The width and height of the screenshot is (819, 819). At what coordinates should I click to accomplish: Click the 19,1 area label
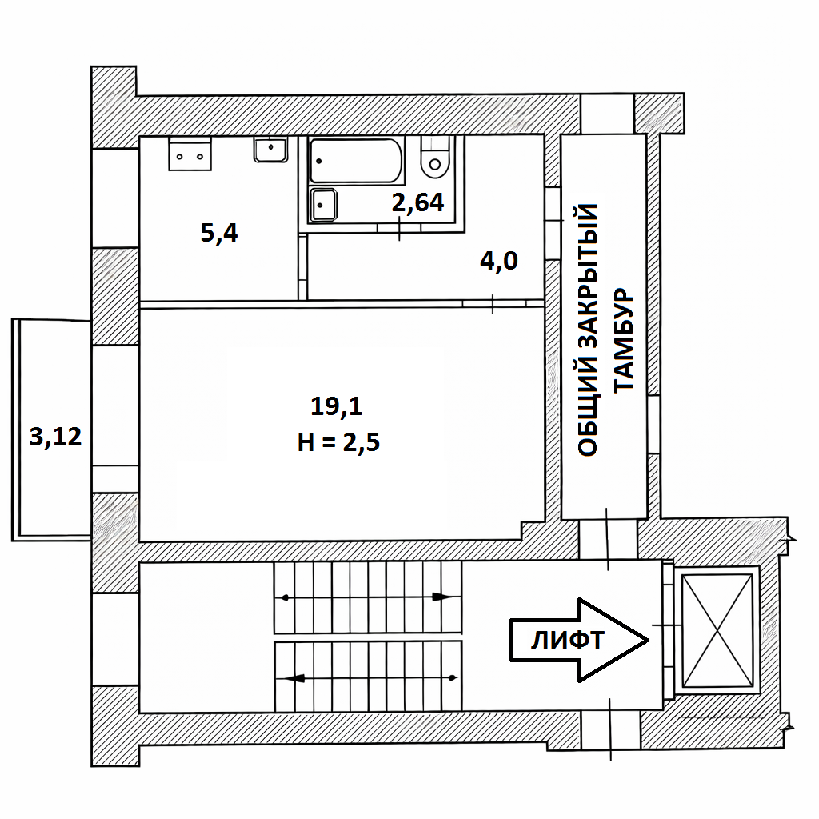tap(337, 406)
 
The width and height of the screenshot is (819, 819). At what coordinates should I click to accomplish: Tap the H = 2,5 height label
tap(338, 442)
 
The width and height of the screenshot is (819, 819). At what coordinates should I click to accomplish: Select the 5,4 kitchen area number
tap(219, 233)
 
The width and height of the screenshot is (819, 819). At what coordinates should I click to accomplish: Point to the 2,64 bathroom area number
tap(417, 202)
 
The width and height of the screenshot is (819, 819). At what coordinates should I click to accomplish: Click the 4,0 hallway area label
tap(499, 261)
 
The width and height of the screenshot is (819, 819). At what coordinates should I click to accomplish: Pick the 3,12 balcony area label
tap(55, 437)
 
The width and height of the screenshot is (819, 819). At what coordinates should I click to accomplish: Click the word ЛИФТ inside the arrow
tap(567, 641)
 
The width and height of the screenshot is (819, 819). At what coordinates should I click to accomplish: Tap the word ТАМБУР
tap(623, 339)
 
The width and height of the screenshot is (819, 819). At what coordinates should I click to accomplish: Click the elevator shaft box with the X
tap(718, 631)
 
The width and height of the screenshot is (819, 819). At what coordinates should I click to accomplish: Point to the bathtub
tap(355, 161)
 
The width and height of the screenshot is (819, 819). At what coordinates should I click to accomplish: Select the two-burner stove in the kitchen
tap(190, 154)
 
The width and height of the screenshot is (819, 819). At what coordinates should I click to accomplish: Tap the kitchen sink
tap(270, 150)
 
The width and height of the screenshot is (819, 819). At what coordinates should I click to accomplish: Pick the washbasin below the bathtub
tap(323, 206)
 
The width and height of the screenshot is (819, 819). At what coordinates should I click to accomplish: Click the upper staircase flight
tap(368, 597)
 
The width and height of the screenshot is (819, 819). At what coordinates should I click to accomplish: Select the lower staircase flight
tap(368, 677)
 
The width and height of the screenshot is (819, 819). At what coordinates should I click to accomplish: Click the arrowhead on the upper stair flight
tap(441, 597)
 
